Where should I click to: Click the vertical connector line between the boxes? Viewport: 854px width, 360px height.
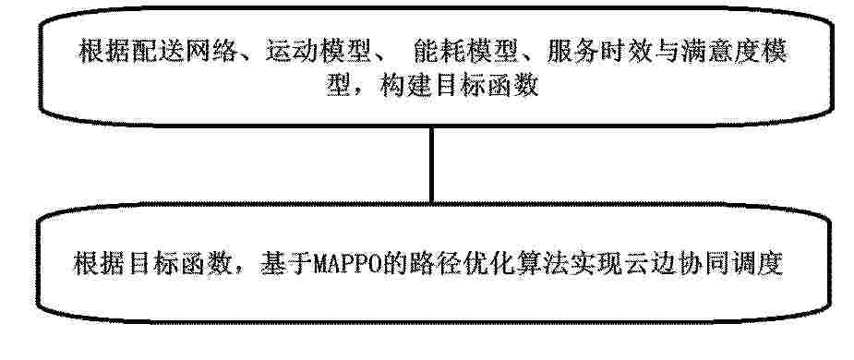(x=431, y=165)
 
